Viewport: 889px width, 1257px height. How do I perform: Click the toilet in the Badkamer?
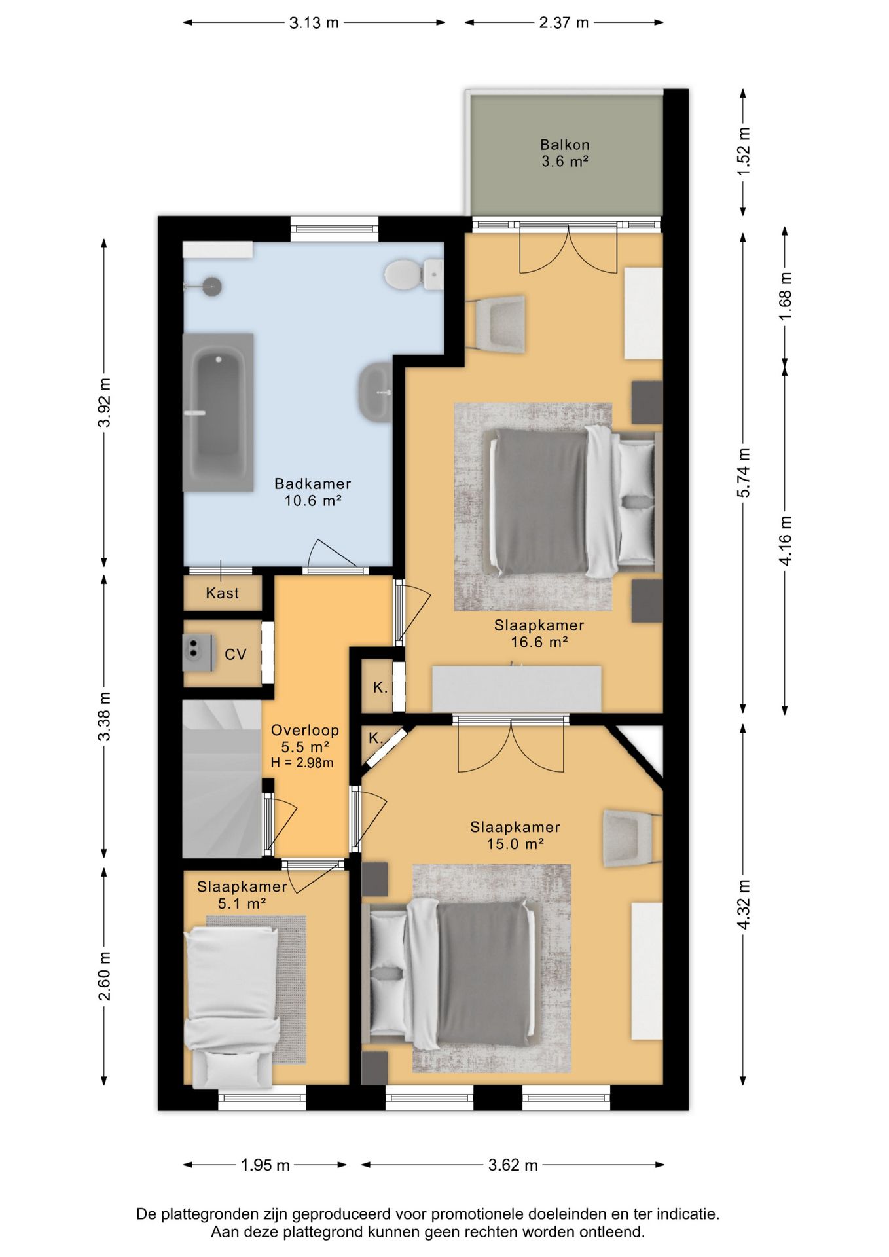(x=413, y=274)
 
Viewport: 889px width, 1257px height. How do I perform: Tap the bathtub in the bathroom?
(x=218, y=412)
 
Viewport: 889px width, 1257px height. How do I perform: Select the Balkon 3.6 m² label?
(x=565, y=153)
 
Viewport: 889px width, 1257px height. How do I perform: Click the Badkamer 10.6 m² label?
(x=313, y=492)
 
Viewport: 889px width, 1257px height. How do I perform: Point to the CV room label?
(x=236, y=654)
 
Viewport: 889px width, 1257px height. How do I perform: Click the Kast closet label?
(x=223, y=593)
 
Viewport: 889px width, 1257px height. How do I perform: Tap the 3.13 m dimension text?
(x=314, y=23)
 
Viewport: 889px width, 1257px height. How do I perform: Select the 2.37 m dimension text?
(x=564, y=23)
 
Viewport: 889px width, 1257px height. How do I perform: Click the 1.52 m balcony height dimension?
(x=744, y=151)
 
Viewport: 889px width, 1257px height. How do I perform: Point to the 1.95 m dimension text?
(x=265, y=1165)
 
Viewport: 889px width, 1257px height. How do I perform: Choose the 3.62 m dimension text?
(x=513, y=1165)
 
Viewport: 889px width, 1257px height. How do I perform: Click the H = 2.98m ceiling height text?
(x=302, y=763)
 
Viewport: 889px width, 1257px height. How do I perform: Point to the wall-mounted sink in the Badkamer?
(x=376, y=392)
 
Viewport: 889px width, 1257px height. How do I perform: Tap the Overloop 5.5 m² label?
(x=305, y=738)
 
